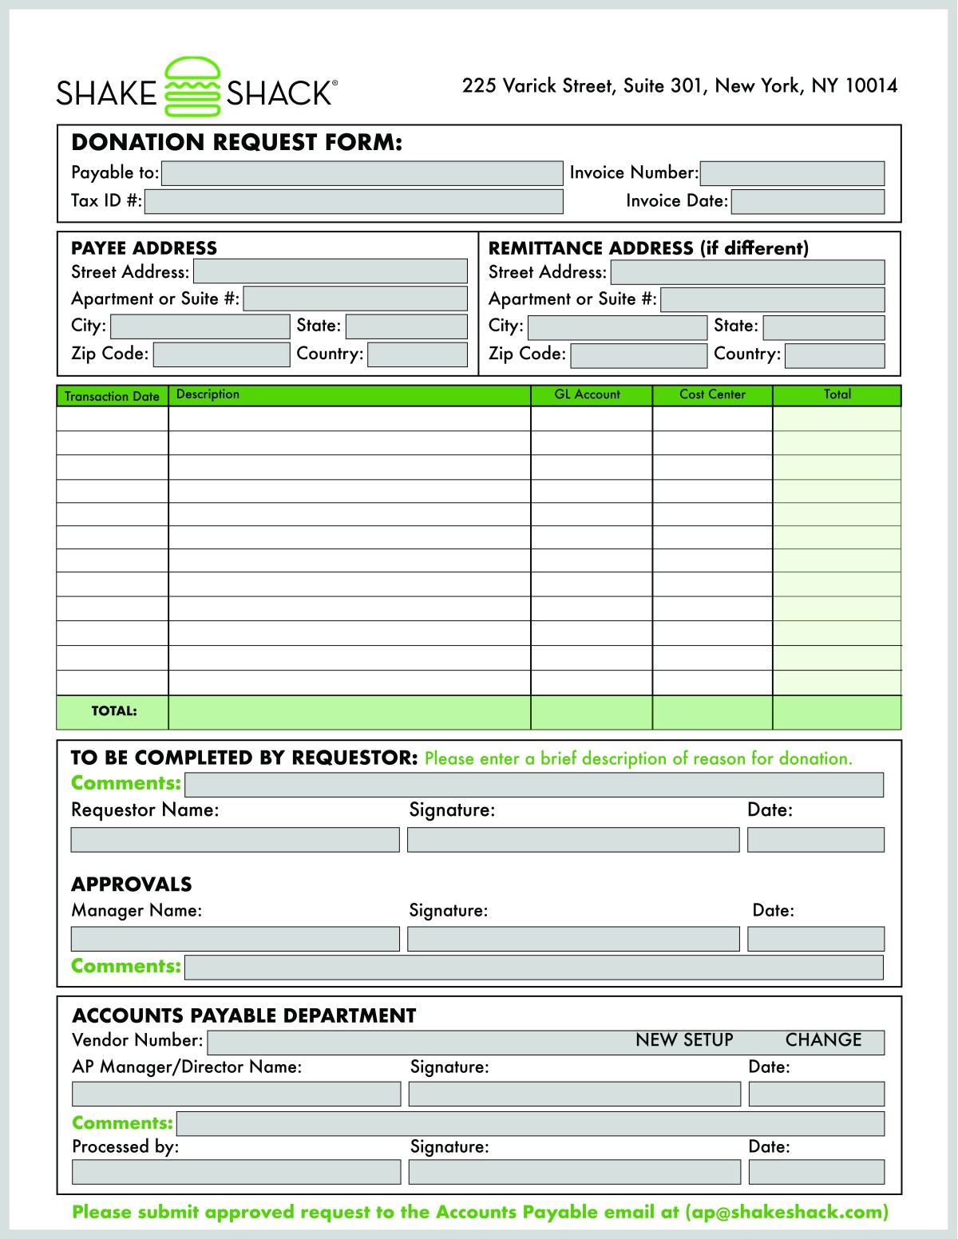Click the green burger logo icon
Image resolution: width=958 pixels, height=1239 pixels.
(192, 87)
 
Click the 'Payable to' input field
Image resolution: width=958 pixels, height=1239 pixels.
(362, 173)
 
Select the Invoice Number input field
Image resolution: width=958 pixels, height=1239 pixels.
(792, 173)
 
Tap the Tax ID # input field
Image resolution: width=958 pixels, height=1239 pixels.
(354, 201)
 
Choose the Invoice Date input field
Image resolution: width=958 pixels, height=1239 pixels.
(807, 201)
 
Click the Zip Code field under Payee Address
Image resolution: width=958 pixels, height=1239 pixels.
(221, 354)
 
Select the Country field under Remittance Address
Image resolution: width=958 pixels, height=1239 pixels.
(834, 355)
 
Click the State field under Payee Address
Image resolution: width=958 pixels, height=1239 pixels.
(406, 327)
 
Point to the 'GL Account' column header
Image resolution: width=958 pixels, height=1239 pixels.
(588, 394)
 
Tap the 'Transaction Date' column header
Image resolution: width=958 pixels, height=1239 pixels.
(112, 396)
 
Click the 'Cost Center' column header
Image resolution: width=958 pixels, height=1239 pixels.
(712, 394)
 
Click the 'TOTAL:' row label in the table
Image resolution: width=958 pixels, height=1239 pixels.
(113, 711)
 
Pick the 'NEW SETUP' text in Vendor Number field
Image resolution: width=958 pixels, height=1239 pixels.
(684, 1040)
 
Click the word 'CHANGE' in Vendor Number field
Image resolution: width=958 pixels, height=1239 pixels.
(823, 1040)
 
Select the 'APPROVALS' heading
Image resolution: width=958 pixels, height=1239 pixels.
(132, 885)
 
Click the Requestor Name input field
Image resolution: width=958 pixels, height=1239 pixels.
(235, 840)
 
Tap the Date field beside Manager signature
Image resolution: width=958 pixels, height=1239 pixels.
(815, 939)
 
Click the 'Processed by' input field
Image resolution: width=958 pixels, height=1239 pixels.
(236, 1172)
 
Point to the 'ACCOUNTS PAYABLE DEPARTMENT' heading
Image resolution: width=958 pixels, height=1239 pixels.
(244, 1015)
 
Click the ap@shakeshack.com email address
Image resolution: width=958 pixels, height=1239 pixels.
(786, 1212)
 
